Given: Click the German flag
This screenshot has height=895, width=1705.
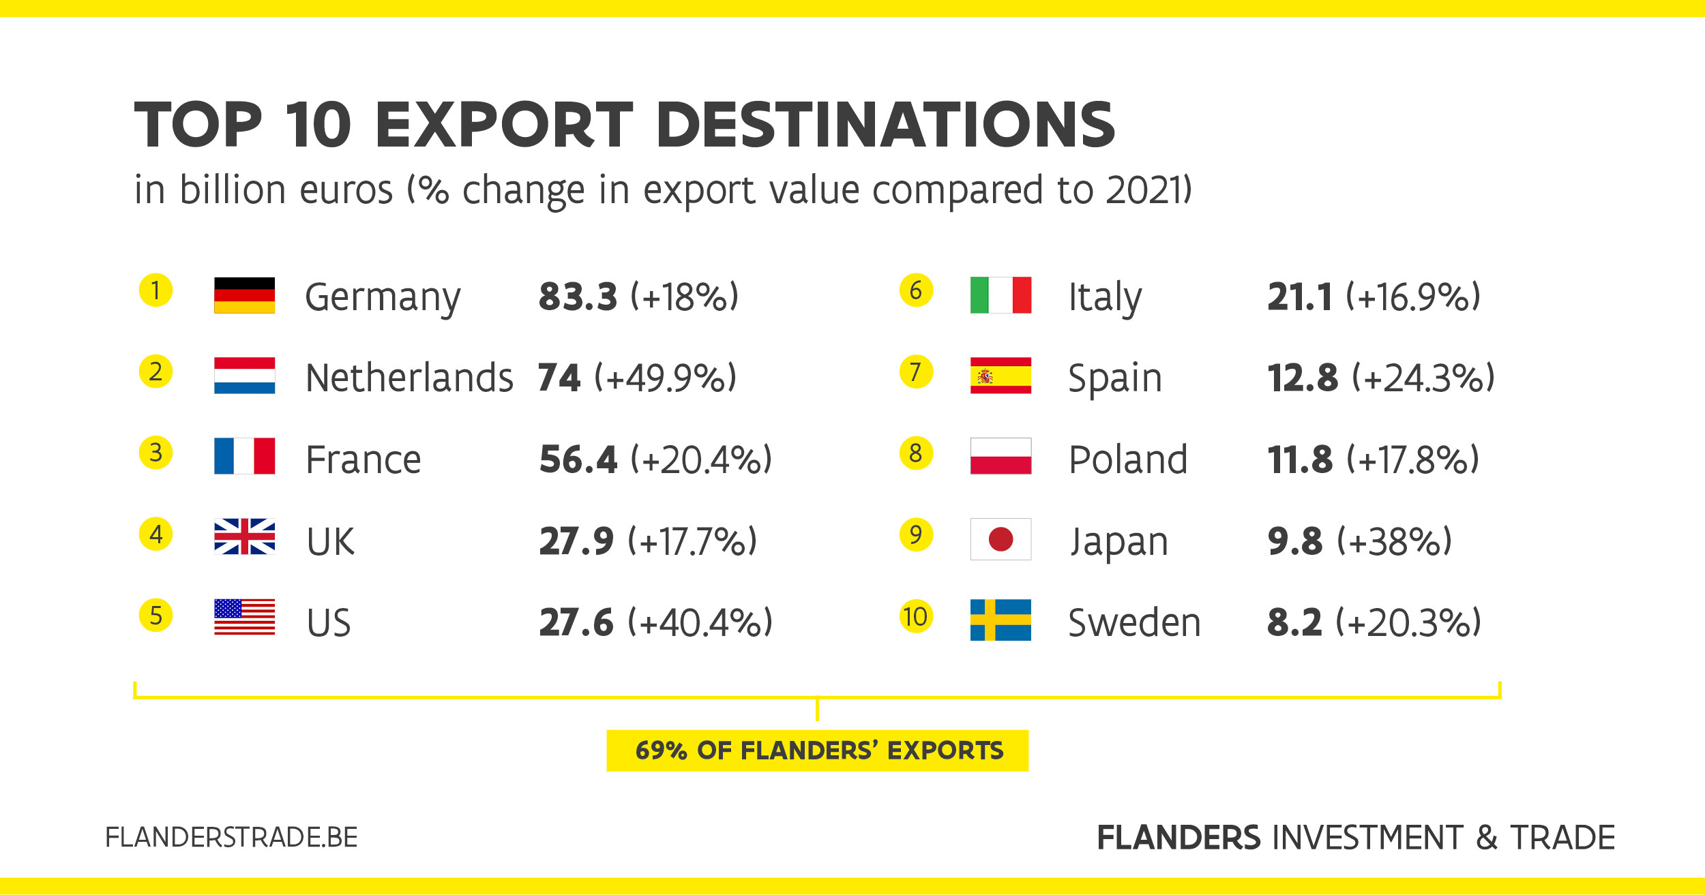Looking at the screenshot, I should tap(244, 295).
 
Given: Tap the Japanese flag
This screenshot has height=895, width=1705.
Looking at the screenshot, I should tap(1000, 539).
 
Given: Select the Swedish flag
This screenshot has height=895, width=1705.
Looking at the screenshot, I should tap(1000, 620).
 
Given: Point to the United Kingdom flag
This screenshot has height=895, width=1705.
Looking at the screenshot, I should tap(244, 536).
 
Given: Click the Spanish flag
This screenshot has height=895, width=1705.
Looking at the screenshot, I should tap(1000, 376).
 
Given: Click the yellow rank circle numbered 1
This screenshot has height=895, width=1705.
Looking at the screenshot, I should tap(155, 290).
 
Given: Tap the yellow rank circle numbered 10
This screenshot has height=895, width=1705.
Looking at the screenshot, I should tap(915, 616).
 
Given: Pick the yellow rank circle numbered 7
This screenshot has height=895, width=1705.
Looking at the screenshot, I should tap(915, 372).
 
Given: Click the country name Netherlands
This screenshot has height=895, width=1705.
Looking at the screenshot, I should tap(409, 378).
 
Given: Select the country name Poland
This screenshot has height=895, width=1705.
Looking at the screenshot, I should tap(1128, 459).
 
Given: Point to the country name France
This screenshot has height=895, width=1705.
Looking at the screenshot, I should tap(364, 459).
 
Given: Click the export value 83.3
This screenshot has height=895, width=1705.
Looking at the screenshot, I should tap(578, 297).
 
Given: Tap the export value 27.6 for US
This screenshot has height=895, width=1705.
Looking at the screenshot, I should tap(576, 622).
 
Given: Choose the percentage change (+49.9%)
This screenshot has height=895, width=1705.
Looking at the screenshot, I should tap(666, 378).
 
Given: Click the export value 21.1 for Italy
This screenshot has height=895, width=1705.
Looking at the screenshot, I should tap(1299, 297).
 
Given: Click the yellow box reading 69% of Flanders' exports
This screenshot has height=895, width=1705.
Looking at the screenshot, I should tap(817, 750).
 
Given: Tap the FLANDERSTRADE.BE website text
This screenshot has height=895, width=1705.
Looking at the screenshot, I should tap(231, 837).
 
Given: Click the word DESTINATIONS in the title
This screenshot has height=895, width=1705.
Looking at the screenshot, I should tap(885, 125).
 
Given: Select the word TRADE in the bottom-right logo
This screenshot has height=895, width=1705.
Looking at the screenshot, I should tap(1562, 838).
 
